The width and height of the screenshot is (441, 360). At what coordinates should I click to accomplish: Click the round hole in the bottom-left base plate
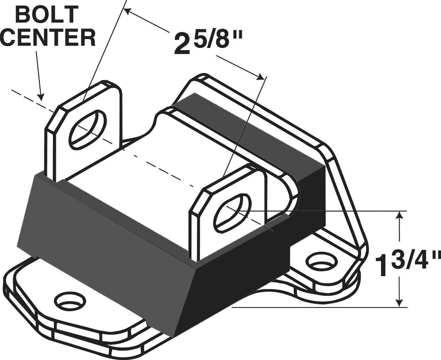[70, 300]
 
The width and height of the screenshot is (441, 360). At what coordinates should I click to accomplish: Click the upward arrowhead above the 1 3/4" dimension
[399, 217]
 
